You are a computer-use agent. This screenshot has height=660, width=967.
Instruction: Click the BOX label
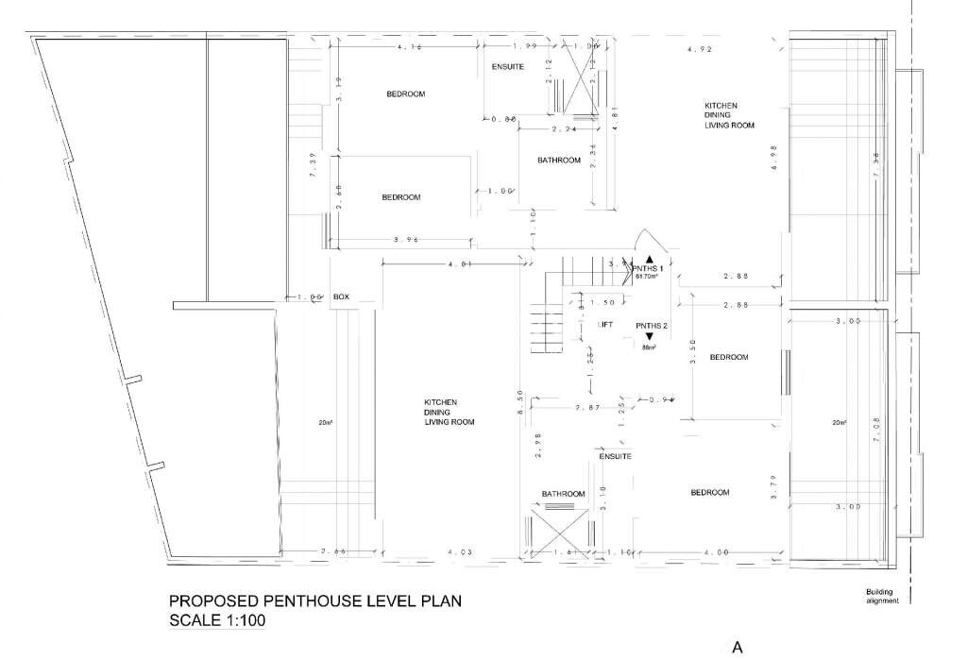tap(341, 297)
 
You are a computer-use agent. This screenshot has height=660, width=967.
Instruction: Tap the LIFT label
tap(605, 325)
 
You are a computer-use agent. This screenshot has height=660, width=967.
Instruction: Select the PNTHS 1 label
tap(649, 269)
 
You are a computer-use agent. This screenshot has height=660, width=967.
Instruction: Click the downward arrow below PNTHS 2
tap(649, 337)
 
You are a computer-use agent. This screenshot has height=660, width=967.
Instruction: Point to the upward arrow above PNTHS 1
tap(649, 258)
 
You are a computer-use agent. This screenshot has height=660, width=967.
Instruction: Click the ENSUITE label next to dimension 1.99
tap(508, 67)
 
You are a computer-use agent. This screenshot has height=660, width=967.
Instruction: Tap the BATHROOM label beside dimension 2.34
tap(558, 161)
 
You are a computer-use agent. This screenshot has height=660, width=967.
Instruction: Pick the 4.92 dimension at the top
tap(700, 47)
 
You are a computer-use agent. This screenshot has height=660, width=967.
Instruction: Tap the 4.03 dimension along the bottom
tap(459, 551)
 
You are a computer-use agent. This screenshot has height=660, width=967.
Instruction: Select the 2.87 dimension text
tap(588, 408)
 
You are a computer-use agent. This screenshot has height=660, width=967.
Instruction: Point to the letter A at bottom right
tap(738, 648)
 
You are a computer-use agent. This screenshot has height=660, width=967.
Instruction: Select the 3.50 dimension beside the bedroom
tap(693, 351)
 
